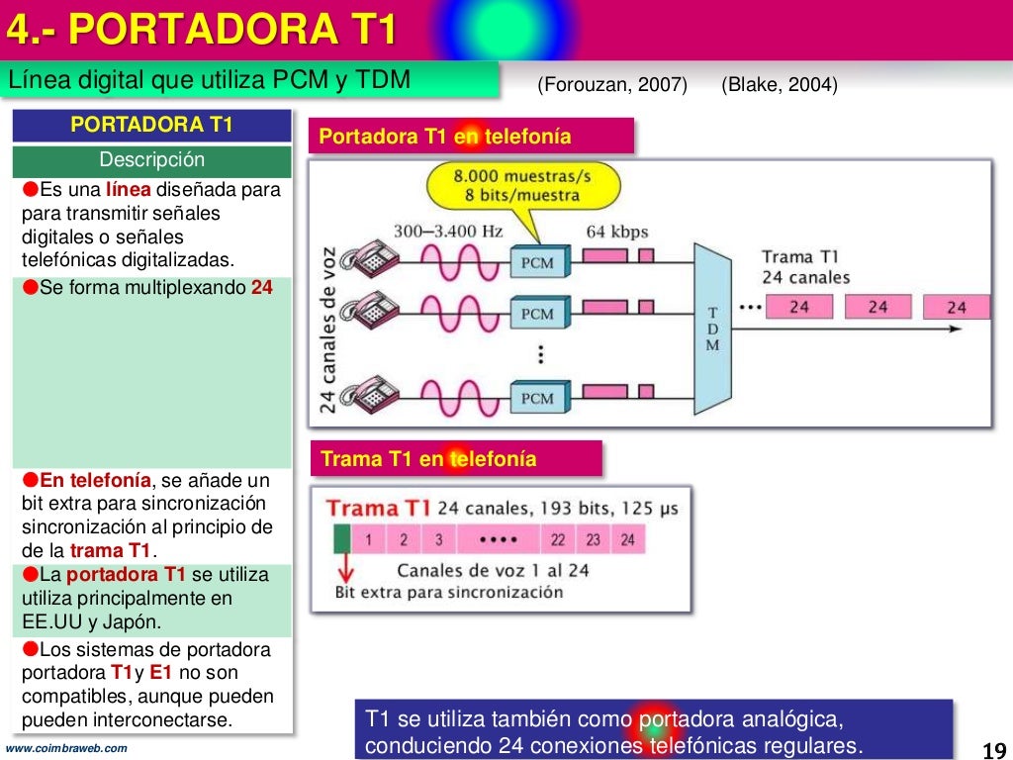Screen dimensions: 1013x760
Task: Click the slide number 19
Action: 993,748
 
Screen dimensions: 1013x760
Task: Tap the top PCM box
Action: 537,263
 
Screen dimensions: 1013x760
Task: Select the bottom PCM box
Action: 537,398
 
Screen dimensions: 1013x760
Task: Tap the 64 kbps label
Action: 616,232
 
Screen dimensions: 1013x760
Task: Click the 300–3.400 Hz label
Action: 448,232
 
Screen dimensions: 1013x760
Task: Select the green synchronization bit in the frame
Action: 341,540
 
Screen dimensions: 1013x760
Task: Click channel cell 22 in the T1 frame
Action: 558,540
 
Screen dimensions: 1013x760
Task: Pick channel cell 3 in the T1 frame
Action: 438,540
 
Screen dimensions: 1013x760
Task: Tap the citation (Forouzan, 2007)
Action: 612,85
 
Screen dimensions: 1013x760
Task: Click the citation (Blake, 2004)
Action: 780,85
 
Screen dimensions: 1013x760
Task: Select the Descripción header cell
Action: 152,160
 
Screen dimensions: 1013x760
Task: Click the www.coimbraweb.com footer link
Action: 66,748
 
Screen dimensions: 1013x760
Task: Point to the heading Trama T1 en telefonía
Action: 429,459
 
